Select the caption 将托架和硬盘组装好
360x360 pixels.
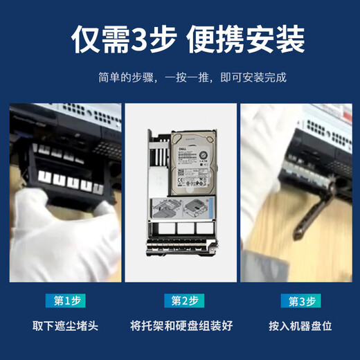[x=182, y=325]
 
